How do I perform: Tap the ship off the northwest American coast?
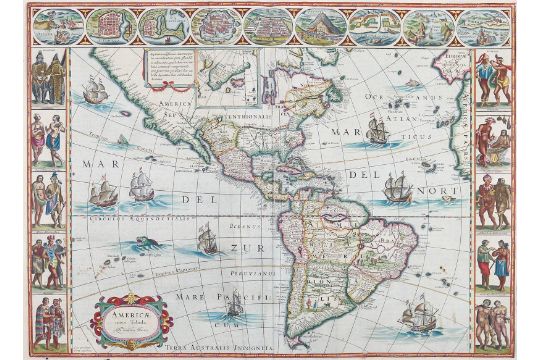tap(95, 94)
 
